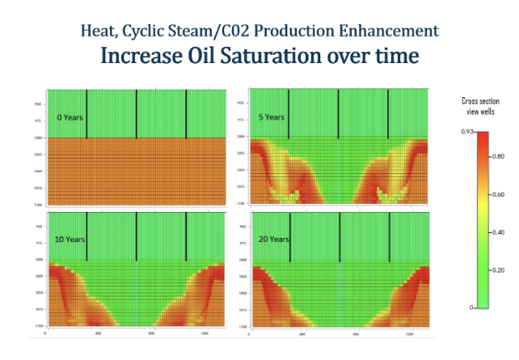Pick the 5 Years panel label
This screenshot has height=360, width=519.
272,116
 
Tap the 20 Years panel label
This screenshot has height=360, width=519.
274,239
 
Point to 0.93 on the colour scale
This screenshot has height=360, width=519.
467,131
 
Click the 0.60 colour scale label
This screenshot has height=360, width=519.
500,195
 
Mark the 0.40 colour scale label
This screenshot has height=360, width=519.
500,232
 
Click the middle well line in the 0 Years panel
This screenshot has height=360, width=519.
137,112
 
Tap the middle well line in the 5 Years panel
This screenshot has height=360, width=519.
338,112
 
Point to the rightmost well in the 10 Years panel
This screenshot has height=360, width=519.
186,235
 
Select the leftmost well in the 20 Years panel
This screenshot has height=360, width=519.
289,235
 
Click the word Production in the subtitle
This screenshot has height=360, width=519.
301,31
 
